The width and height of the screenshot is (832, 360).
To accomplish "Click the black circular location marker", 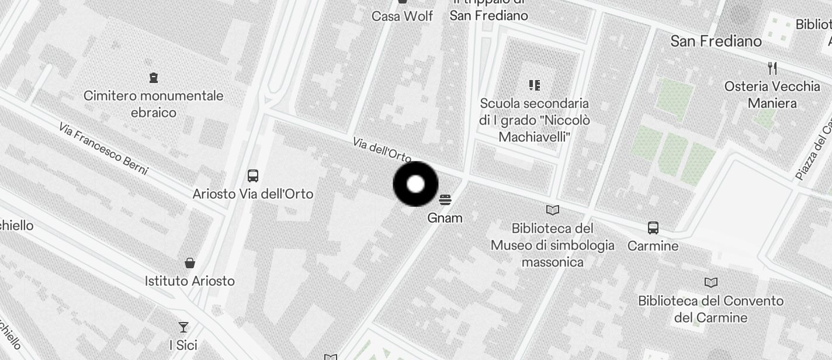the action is tap(415, 185).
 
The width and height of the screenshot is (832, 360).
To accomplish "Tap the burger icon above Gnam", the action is tap(445, 200).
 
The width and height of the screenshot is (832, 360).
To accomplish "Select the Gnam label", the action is tap(445, 218).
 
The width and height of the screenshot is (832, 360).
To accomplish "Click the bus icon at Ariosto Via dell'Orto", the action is tap(253, 175).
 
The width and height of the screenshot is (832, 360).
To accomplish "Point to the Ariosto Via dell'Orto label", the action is tap(253, 193).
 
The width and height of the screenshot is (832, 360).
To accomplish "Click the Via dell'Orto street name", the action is tap(382, 150).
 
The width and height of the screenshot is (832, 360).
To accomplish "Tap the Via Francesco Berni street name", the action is tap(103, 148).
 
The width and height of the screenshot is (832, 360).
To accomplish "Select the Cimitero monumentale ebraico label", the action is tap(154, 103).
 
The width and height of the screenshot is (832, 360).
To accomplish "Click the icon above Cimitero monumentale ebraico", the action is tap(154, 77).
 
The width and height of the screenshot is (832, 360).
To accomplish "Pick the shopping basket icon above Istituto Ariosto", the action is tap(190, 263).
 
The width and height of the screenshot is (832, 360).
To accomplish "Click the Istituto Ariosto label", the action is tap(190, 281).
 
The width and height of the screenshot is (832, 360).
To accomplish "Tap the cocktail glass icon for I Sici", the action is tap(183, 327).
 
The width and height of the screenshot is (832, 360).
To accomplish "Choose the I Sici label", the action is tap(183, 345).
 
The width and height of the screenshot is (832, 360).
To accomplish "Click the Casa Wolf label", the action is tap(403, 16).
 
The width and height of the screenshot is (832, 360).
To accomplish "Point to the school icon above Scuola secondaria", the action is tap(534, 85).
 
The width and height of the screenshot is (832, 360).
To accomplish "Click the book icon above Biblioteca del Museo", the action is tap(552, 210).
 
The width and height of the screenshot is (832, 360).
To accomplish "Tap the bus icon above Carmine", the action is tap(653, 228).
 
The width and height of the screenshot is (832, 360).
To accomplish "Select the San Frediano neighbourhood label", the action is tap(716, 41).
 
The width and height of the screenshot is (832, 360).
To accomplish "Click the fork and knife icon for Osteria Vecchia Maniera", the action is tap(772, 68).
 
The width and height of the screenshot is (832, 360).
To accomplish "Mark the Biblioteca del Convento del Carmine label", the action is tap(710, 309).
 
